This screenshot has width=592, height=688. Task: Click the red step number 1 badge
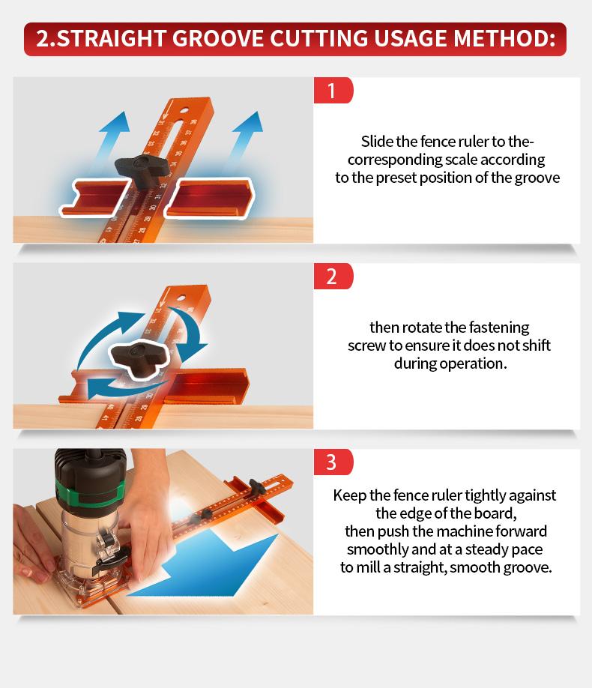point(333,91)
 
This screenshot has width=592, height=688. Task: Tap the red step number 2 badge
point(333,277)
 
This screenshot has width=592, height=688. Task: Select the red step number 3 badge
point(333,462)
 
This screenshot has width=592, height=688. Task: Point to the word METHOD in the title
point(504,39)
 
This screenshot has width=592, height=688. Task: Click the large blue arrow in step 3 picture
point(206,564)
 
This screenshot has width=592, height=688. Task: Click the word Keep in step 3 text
point(350,496)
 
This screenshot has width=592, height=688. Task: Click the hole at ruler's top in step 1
point(184,110)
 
